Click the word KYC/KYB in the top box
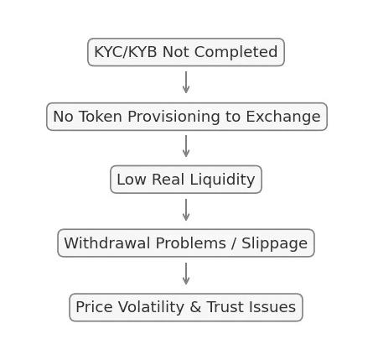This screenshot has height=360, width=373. pyautogui.click(x=126, y=52)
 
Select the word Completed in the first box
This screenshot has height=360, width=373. pyautogui.click(x=236, y=52)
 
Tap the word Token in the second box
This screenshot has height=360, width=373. pyautogui.click(x=101, y=117)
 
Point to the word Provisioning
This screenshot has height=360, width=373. pyautogui.click(x=174, y=117)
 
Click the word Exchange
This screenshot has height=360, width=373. pyautogui.click(x=283, y=117)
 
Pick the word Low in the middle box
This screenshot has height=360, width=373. pyautogui.click(x=132, y=180)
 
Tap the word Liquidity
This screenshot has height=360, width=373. pyautogui.click(x=222, y=180)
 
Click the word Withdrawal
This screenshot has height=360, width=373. pyautogui.click(x=106, y=243)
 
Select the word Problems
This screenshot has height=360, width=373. pyautogui.click(x=190, y=243)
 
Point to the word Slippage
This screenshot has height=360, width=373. pyautogui.click(x=274, y=243)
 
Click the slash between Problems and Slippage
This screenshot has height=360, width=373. pyautogui.click(x=234, y=243)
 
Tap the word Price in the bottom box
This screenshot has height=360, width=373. pyautogui.click(x=94, y=307)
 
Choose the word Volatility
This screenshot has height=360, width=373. pyautogui.click(x=151, y=307)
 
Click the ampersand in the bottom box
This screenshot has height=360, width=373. pyautogui.click(x=195, y=307)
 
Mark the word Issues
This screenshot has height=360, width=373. pyautogui.click(x=272, y=307)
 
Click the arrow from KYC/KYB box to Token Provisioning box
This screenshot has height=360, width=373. pyautogui.click(x=186, y=82)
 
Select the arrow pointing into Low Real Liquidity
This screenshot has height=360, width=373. pyautogui.click(x=186, y=146)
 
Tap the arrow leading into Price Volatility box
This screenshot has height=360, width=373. pyautogui.click(x=186, y=274)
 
